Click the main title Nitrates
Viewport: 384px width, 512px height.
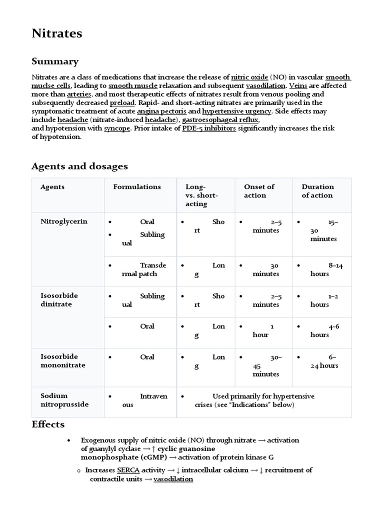pos(57,33)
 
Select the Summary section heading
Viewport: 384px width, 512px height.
pos(55,61)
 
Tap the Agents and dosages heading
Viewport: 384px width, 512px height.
pos(79,166)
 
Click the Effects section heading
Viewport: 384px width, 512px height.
pos(48,424)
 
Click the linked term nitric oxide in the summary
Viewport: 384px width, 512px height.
pos(249,77)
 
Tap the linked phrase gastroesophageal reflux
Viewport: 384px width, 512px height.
pos(220,120)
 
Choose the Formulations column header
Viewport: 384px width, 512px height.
pos(137,186)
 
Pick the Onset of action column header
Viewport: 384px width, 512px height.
pos(258,191)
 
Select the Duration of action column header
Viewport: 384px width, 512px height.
pos(317,191)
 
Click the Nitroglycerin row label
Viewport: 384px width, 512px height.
pos(64,221)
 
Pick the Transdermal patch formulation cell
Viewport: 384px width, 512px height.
pos(140,269)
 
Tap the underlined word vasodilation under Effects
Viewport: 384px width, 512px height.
pos(173,479)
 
